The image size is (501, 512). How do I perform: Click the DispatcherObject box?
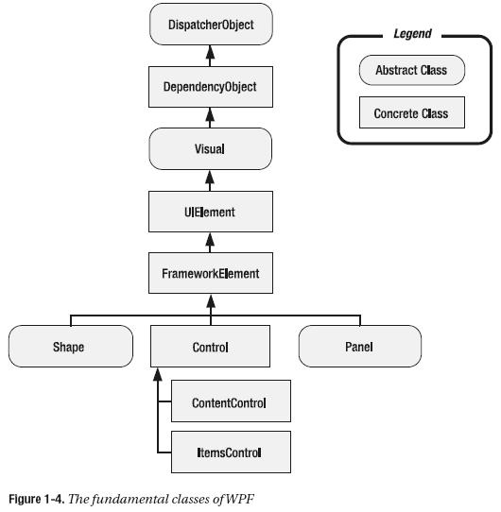point(210,25)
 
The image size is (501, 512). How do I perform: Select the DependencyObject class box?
point(210,87)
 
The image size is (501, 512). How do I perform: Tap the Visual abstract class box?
point(210,149)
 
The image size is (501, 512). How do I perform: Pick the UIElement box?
point(210,213)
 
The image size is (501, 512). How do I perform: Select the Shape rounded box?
point(68,347)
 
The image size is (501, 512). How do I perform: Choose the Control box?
point(210,347)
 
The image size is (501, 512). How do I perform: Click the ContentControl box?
point(230,403)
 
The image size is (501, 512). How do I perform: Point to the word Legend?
point(412,34)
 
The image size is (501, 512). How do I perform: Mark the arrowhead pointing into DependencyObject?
point(210,113)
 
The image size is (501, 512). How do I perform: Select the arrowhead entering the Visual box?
point(210,177)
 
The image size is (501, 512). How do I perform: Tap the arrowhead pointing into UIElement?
point(210,240)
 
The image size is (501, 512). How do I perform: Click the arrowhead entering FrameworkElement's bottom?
point(210,302)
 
